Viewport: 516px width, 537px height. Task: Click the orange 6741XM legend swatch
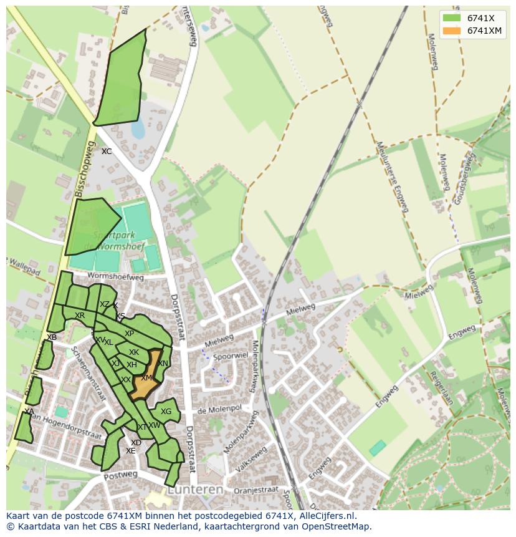452,31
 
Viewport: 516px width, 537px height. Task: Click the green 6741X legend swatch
452,18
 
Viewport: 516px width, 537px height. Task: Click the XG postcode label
166,412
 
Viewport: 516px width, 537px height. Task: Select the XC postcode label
107,152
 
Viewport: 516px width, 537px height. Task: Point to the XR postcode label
80,316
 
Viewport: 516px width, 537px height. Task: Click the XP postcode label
129,334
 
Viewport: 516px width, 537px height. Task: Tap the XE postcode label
130,451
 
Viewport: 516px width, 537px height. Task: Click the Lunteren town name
196,490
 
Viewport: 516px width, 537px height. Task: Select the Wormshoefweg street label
115,276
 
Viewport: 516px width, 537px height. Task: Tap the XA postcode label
29,412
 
